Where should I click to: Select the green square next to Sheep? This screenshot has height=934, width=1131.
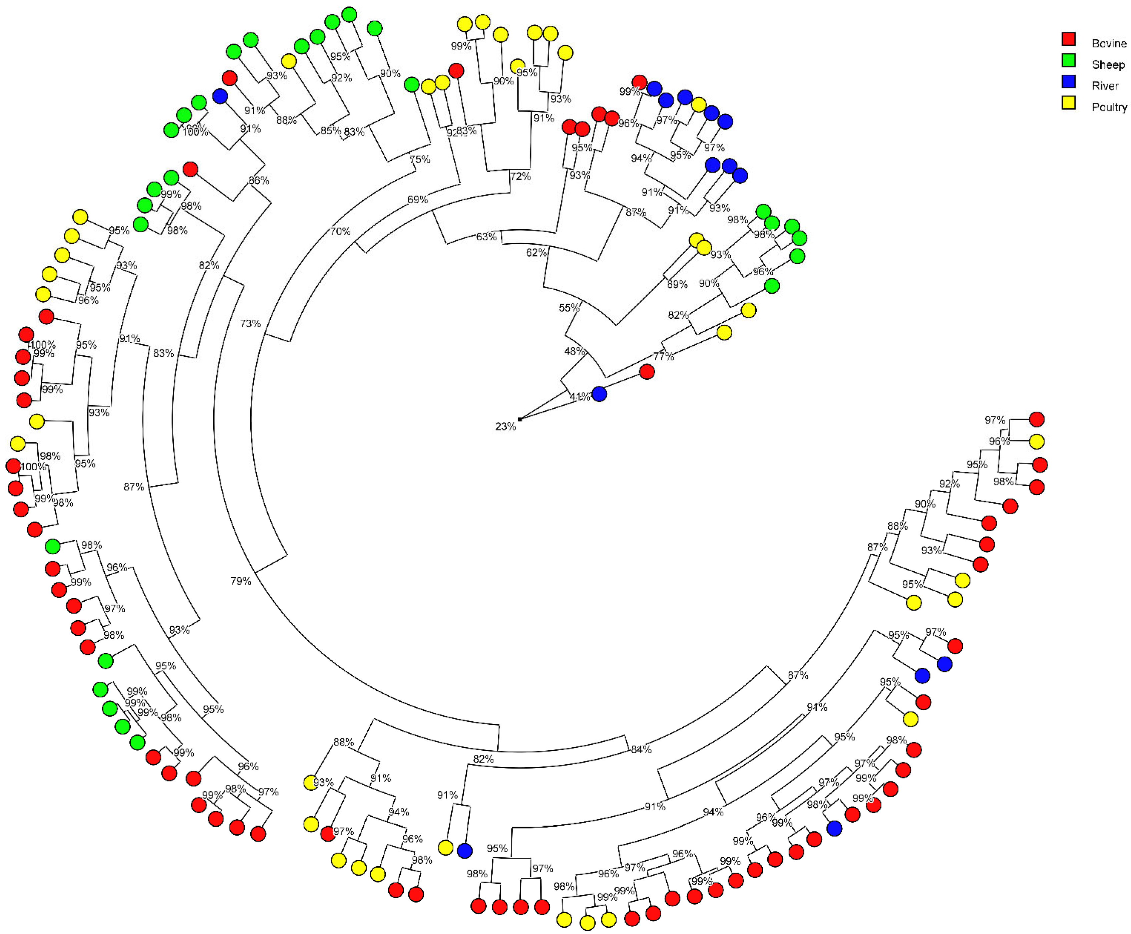1068,60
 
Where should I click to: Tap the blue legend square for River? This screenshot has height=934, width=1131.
1068,82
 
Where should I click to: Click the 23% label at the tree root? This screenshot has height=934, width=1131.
505,427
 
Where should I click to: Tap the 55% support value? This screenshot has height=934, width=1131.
569,308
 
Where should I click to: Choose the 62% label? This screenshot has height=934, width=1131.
536,252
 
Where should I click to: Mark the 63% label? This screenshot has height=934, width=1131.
486,236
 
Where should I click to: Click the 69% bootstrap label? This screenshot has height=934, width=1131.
417,200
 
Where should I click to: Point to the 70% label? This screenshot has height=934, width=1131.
340,231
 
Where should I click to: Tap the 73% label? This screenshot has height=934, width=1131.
250,323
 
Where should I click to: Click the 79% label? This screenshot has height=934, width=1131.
241,581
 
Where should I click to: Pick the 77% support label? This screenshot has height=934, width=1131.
663,356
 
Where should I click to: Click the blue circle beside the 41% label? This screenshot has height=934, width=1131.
599,394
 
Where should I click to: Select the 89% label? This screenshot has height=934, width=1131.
677,284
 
